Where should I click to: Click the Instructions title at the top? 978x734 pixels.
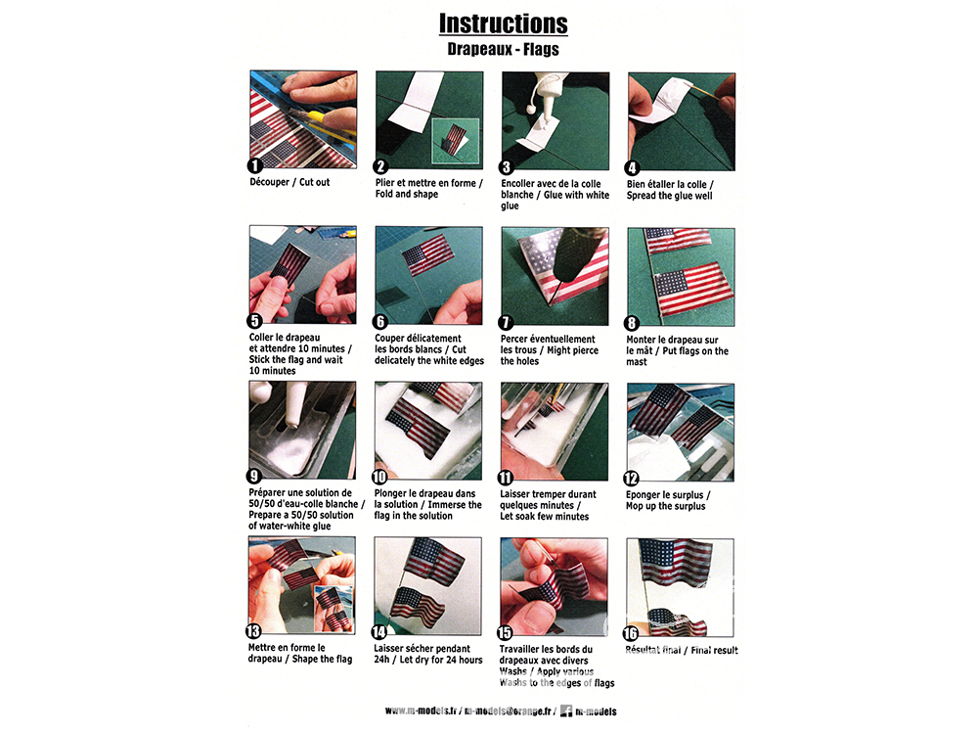coord(504,23)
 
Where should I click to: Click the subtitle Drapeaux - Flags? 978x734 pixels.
coord(504,49)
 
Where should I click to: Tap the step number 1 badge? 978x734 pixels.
coord(254,165)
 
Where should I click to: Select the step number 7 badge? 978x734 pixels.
coord(506,322)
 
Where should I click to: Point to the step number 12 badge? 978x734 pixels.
coord(631,479)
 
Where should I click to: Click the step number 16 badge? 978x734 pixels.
coord(631,633)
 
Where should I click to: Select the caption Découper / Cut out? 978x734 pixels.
coord(289,182)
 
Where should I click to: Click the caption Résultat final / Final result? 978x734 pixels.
coord(681,651)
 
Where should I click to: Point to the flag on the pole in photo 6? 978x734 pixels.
coord(428,254)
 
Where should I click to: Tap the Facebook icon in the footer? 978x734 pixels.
coord(565,711)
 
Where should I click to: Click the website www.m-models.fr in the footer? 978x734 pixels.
coord(421,711)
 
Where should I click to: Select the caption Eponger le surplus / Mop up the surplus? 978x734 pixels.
coord(668,500)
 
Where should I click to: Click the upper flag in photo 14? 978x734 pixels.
coord(435,561)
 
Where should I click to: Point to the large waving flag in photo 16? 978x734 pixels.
coord(676,563)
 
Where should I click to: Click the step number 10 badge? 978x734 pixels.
coord(379,478)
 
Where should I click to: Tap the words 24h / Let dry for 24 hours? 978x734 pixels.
coord(428,660)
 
